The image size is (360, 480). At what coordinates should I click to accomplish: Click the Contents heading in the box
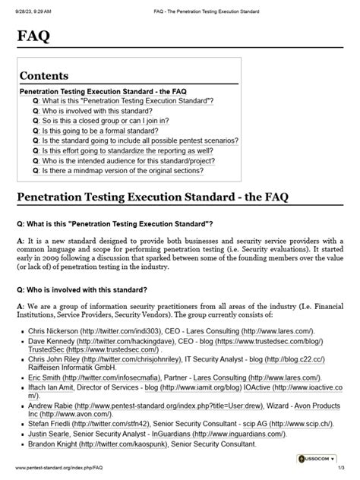[44, 76]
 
